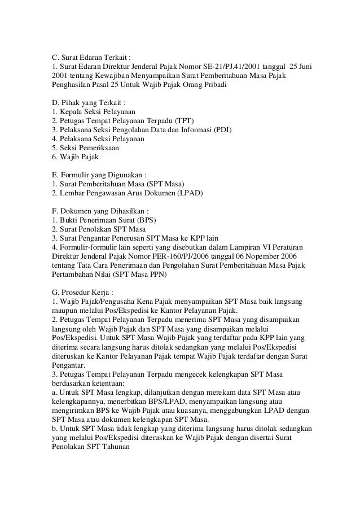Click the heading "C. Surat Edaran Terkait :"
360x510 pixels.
tap(91, 58)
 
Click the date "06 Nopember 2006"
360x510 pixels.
tap(257, 256)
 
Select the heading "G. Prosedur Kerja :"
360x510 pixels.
tap(82, 293)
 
